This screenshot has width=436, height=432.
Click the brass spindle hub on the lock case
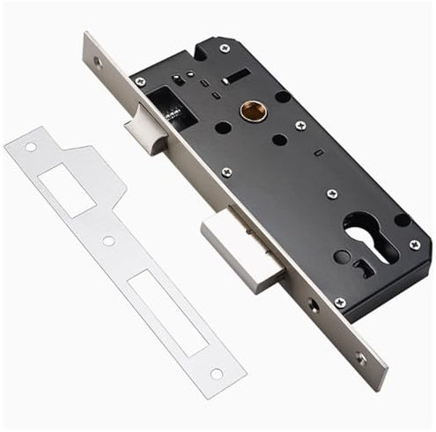point(250,111)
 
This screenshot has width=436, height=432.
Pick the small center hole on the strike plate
point(108,240)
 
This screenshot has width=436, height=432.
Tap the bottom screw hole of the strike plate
point(216,374)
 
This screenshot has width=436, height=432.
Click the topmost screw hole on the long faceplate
point(98,62)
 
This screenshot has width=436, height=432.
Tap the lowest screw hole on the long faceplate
point(360,357)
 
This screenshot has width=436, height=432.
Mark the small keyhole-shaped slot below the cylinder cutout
point(366,263)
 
